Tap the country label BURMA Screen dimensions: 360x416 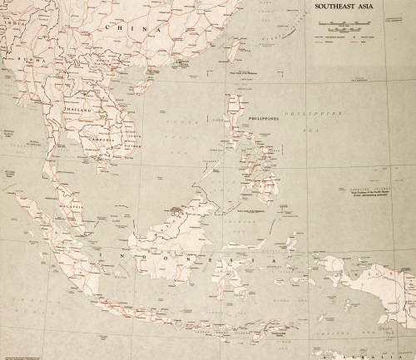[34, 62]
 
